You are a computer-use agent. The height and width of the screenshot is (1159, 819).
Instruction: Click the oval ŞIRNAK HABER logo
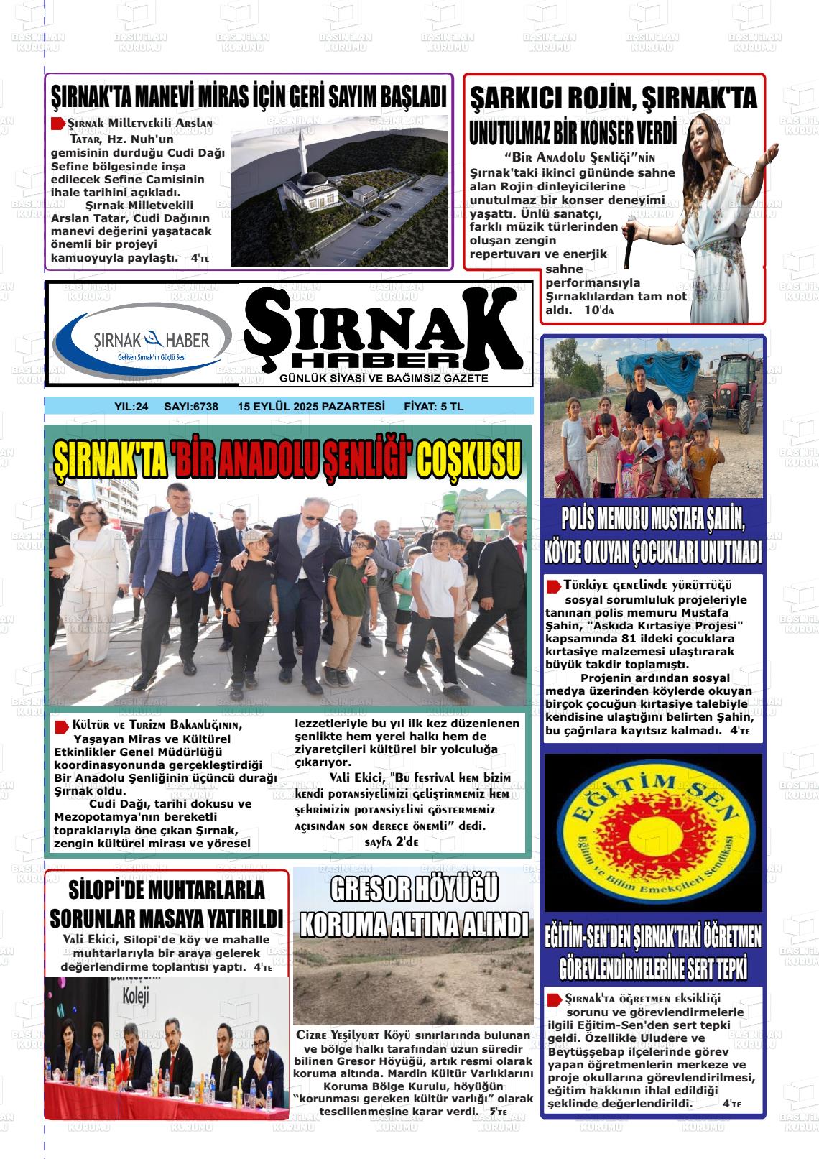click(143, 342)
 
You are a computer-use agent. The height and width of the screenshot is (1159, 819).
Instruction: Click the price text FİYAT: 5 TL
click(434, 407)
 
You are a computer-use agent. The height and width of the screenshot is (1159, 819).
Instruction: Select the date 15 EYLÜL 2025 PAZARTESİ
click(311, 407)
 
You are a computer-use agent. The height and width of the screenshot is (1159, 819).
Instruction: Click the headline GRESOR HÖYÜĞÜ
click(414, 890)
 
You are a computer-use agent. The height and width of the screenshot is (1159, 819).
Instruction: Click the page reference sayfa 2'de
click(392, 841)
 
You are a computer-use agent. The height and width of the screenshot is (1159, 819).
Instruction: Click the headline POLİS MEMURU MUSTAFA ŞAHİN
click(652, 518)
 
